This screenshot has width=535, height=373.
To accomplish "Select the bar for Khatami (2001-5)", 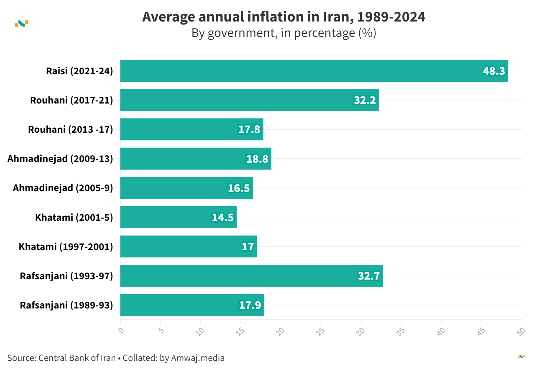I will click(178, 217).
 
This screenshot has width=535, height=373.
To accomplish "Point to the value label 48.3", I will click(494, 71).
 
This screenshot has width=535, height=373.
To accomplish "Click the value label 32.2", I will click(365, 100).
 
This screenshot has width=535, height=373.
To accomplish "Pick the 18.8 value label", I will click(257, 159).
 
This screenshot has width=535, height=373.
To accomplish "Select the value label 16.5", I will click(239, 188).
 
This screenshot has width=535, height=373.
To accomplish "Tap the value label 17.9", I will click(250, 305).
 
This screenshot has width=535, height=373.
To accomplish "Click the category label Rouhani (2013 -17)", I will click(71, 129).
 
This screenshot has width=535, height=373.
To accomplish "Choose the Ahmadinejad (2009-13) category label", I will click(60, 159).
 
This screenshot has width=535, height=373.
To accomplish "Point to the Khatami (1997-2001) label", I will click(66, 247).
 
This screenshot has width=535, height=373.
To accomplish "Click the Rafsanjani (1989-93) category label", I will click(67, 305).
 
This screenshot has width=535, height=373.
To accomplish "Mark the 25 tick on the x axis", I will click(320, 332).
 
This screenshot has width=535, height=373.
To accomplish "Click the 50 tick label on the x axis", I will click(521, 332).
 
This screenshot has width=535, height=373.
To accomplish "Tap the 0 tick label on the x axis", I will click(121, 330).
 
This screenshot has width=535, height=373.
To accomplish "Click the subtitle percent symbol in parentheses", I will click(367, 33).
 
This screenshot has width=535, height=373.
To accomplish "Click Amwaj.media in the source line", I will click(198, 358).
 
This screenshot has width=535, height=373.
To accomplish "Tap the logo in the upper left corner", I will click(22, 24).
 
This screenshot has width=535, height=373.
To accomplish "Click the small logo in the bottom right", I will click(521, 357).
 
